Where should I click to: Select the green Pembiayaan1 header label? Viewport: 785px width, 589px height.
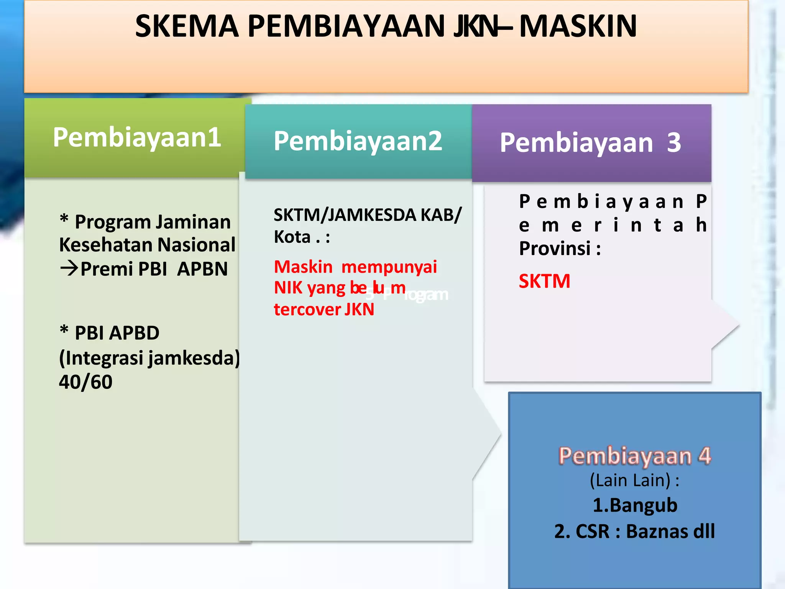coord(137,137)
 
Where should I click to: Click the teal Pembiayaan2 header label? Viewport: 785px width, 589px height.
coord(358,141)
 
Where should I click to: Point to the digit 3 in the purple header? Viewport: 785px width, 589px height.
coord(674,143)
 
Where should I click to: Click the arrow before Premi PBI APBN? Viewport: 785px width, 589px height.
coord(69,268)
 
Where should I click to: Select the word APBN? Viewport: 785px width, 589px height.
coord(202,269)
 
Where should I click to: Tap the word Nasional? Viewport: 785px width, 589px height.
coord(196,245)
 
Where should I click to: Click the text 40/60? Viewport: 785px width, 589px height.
coord(85,382)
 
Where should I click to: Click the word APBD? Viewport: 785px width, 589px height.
coord(134,333)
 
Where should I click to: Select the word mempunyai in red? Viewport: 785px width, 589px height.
coord(389,267)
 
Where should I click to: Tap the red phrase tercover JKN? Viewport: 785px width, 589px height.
coord(324,309)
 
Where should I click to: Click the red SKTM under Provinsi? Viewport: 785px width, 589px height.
coord(544,281)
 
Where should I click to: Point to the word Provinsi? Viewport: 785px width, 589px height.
coord(555,248)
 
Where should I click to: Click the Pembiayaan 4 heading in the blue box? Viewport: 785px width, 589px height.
coord(634,456)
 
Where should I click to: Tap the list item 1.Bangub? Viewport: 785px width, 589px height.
coord(635,505)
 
